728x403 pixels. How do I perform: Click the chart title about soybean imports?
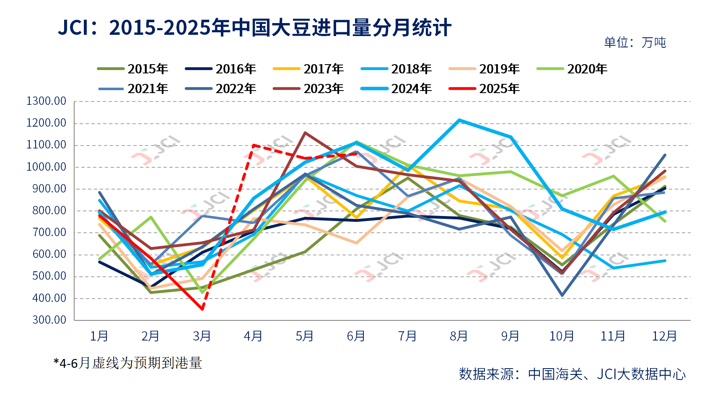click(x=254, y=28)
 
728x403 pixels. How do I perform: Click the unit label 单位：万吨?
click(x=635, y=42)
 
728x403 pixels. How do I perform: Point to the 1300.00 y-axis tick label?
click(x=47, y=101)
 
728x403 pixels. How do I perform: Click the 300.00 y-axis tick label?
click(x=49, y=320)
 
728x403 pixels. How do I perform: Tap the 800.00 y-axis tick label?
click(x=49, y=211)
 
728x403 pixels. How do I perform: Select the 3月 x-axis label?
click(x=202, y=336)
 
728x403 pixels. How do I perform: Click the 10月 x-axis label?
click(x=562, y=336)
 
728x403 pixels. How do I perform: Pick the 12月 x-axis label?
click(x=664, y=336)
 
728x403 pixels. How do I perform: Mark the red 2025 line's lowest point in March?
click(x=202, y=309)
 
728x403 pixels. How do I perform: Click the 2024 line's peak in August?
click(x=459, y=120)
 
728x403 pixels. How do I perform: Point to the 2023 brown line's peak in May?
click(x=305, y=133)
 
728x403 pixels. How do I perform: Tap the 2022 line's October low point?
click(x=562, y=295)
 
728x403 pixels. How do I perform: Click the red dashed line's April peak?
click(x=254, y=145)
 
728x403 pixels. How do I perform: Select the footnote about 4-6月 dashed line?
click(x=128, y=363)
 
